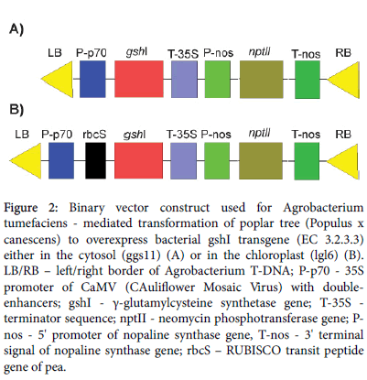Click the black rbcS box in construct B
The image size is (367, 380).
(x=95, y=161)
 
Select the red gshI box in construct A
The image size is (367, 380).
(x=139, y=79)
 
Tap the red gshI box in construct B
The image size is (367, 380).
(x=138, y=161)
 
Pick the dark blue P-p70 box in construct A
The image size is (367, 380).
(x=92, y=79)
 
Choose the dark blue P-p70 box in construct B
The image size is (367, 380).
(x=61, y=161)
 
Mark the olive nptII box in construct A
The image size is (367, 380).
(x=261, y=80)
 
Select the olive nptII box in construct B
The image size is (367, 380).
(x=261, y=161)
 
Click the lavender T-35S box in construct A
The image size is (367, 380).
(x=184, y=79)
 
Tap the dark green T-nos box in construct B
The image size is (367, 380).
(x=307, y=161)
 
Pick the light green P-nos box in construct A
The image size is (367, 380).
(x=217, y=79)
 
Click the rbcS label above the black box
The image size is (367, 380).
(x=94, y=135)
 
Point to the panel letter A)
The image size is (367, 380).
(x=16, y=29)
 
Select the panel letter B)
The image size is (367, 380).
(x=16, y=109)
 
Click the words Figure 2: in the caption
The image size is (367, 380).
(x=30, y=208)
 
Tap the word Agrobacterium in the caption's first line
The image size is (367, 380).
(x=323, y=208)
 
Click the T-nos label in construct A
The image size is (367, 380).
(x=306, y=54)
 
